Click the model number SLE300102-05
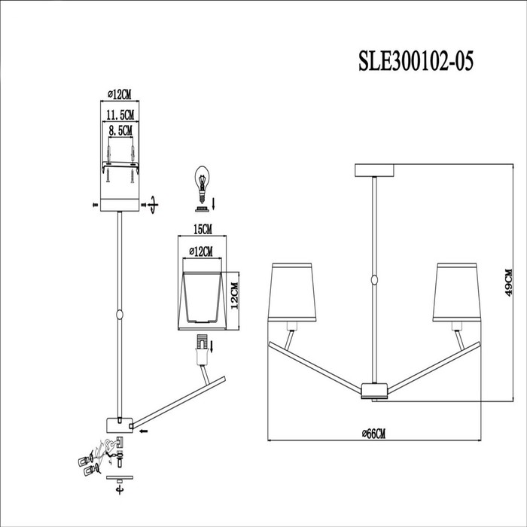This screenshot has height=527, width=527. [x=416, y=61]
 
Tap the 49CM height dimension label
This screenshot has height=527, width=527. [x=508, y=282]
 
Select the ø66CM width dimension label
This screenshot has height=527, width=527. [x=373, y=434]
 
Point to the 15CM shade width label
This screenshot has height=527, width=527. [x=203, y=230]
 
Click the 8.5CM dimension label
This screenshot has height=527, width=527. [x=120, y=130]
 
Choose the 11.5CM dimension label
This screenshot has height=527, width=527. [x=120, y=115]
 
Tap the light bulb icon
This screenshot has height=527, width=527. [x=202, y=184]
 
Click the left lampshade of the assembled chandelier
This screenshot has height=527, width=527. [x=292, y=292]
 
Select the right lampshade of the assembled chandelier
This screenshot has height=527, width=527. [x=457, y=292]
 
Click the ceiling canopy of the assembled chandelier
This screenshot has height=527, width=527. [x=374, y=170]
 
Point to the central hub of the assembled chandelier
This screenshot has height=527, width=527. [x=374, y=391]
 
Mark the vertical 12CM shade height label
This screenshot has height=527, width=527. [x=234, y=295]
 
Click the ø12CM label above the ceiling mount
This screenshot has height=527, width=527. [x=120, y=95]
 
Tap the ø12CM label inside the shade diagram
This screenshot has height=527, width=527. [x=201, y=251]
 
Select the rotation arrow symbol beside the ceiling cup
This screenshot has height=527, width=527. [x=154, y=204]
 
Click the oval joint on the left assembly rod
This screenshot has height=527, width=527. [x=119, y=315]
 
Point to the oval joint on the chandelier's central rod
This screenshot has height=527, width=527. [x=374, y=280]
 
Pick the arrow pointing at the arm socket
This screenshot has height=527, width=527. [x=145, y=431]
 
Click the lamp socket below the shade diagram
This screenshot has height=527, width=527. [x=201, y=350]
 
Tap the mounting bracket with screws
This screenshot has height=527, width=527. [x=120, y=165]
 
